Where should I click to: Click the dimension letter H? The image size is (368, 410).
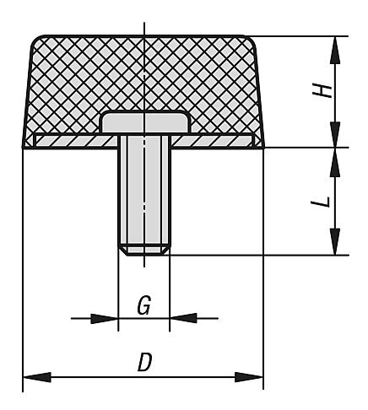[322, 91]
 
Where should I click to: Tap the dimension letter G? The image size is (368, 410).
[144, 305]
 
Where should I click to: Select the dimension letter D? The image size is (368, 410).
[145, 362]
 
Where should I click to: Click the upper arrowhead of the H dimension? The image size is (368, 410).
[335, 51]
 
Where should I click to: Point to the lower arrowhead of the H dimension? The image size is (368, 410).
[335, 134]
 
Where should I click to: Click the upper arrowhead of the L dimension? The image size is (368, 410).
[335, 163]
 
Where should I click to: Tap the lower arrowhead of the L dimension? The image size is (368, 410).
[335, 241]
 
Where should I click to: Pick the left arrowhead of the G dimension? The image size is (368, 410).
[104, 319]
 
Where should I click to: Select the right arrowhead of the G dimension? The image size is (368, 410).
[183, 318]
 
